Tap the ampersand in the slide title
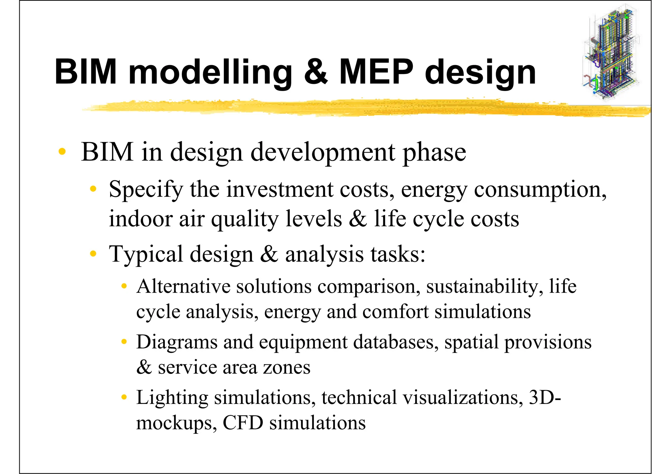click(316, 72)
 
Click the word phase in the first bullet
click(434, 152)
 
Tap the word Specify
click(145, 190)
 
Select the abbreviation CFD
click(243, 423)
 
